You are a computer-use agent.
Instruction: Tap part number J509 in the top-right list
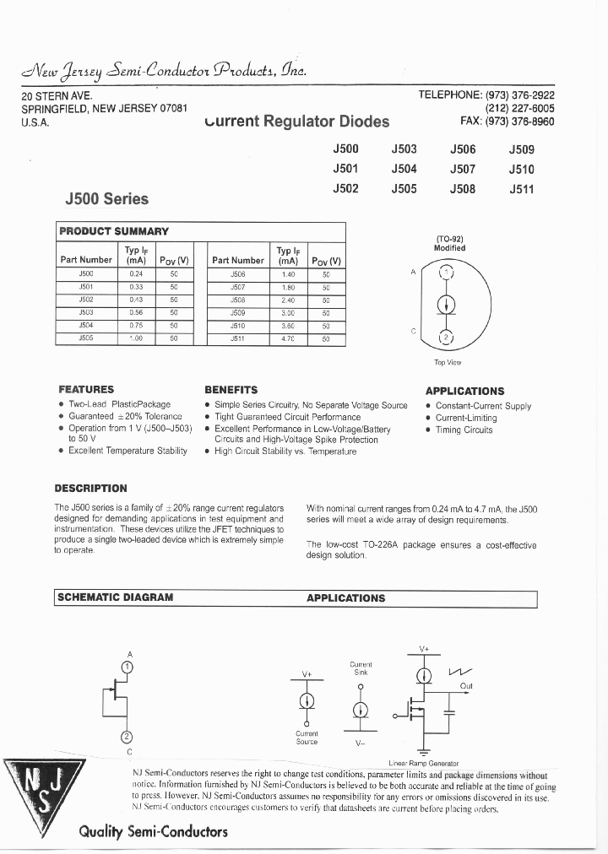[x=521, y=149]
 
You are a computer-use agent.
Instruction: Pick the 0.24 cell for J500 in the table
[x=136, y=274]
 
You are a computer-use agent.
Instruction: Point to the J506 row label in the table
[x=237, y=274]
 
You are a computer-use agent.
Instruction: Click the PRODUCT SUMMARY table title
[x=114, y=231]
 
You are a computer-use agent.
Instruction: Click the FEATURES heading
[x=86, y=390]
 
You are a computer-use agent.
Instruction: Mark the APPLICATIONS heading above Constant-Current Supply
[x=464, y=392]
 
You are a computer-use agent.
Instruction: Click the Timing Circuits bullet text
[x=464, y=430]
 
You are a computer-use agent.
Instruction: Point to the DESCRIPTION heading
[x=90, y=489]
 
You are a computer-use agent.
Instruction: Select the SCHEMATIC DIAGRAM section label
[x=115, y=597]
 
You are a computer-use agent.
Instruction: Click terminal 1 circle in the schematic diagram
[x=128, y=667]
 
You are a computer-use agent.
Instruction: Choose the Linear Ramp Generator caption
[x=423, y=763]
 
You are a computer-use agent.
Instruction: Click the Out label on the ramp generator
[x=466, y=686]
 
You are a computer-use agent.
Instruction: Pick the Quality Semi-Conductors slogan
[x=153, y=831]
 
